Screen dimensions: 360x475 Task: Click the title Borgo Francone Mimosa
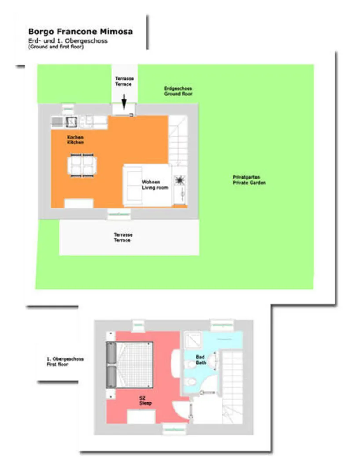coord(80,32)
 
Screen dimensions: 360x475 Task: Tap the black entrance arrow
coord(124,102)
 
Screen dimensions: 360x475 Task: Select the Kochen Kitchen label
coord(76,140)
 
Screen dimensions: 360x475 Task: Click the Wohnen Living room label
coord(155,185)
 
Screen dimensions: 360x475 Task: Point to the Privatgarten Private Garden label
coord(249,180)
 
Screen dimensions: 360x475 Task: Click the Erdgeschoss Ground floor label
coord(178,91)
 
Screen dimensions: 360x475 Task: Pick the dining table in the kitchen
coord(82,165)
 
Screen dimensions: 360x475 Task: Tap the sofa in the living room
coord(133,185)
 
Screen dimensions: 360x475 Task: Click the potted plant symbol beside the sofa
coord(180,181)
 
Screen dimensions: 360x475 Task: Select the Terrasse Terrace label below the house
coord(123,237)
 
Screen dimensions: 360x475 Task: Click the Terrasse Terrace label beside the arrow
coord(124,81)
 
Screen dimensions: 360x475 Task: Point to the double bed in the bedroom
coord(130,365)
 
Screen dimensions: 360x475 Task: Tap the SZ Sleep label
coord(145,401)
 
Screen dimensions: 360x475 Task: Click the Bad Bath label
coord(201,360)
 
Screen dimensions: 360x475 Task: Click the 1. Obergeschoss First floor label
coord(65,362)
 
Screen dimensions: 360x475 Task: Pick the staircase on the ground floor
coord(178,140)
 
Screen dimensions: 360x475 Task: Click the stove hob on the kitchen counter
coord(72,122)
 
